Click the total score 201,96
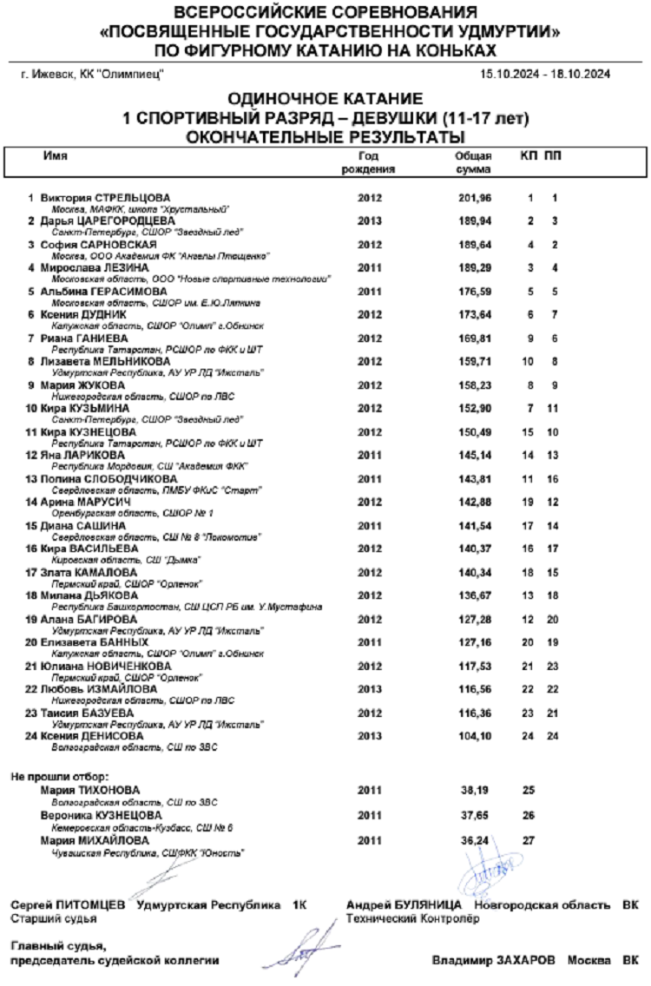point(474,199)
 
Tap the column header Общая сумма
point(474,162)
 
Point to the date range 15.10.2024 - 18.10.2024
point(544,75)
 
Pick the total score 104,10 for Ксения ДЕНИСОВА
point(474,736)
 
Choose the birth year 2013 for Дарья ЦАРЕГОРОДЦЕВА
point(369,220)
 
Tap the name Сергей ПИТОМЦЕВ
point(67,905)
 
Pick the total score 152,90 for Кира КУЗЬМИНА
point(474,408)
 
